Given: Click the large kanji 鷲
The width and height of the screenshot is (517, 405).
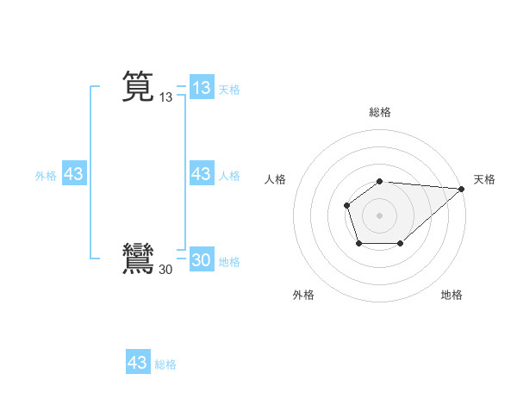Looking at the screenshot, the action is point(138,259).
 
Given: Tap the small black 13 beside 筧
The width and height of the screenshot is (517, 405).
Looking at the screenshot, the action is point(166,98).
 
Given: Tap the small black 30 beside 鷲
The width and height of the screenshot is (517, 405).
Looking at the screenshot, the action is point(166,271).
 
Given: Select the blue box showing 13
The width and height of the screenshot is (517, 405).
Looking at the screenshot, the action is point(202,88).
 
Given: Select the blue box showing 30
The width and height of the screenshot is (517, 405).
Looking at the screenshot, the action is point(202,260).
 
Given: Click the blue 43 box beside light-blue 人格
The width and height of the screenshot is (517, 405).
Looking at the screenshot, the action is point(202,174).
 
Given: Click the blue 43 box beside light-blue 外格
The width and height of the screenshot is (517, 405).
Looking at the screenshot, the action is point(74,174).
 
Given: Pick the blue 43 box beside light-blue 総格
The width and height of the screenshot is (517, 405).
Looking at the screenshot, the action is point(138,363).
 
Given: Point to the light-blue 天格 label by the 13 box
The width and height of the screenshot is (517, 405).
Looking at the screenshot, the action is point(229,90).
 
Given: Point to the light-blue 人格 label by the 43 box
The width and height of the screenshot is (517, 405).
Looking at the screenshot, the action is point(229,176).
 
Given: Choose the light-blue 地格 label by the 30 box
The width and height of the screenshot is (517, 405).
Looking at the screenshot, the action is point(229,262).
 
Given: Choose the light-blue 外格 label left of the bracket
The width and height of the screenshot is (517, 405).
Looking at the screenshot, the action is point(46,176).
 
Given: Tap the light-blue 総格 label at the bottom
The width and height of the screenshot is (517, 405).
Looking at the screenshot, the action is point(165,364).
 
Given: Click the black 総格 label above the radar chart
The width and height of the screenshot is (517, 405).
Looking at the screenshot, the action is point(380,112).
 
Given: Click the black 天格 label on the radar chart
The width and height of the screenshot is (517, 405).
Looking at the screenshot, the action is point(484,179).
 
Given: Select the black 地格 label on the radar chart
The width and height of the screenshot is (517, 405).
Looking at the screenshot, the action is point(452,295).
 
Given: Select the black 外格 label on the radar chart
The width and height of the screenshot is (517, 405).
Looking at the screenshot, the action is point(303,295).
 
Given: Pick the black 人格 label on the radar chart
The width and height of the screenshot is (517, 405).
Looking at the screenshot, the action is point(276,179).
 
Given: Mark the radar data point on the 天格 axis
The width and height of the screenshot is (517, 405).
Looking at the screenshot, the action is point(462,189).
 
